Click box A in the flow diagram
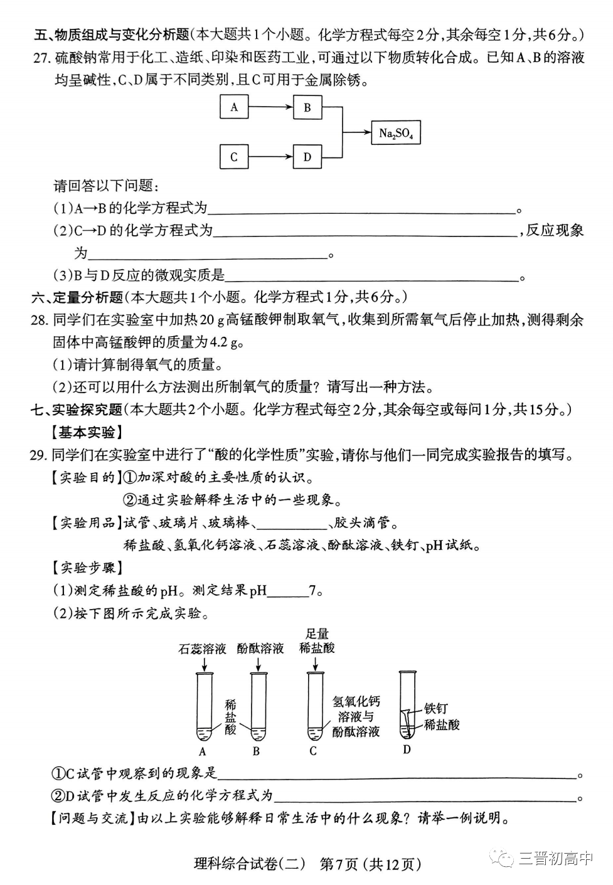[234, 107]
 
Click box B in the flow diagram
[307, 107]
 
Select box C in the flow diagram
[234, 157]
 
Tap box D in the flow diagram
[307, 157]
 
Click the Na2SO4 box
[396, 133]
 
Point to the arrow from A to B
[270, 107]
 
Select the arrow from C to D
[270, 157]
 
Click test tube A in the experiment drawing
[203, 706]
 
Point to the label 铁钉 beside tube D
[435, 708]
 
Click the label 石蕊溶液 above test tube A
[202, 649]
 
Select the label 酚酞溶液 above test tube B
[260, 649]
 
